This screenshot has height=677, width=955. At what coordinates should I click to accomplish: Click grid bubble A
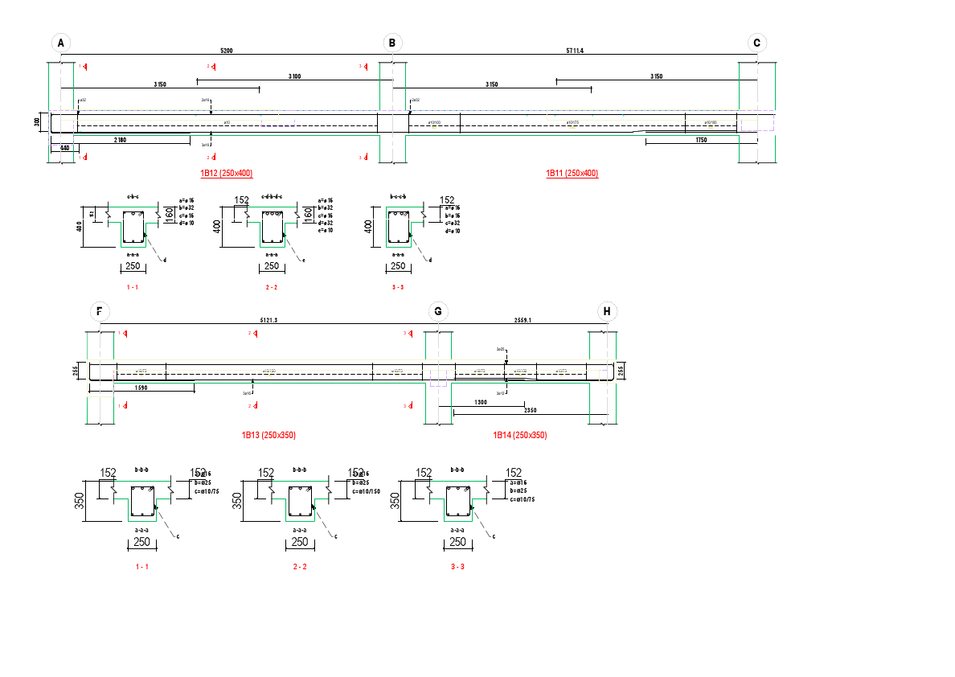61,43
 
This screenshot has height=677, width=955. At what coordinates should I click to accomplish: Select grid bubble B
392,43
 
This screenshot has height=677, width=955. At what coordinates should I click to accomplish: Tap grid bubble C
756,43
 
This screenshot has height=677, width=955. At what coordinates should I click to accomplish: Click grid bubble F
100,312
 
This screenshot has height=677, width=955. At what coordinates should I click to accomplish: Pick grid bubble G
438,312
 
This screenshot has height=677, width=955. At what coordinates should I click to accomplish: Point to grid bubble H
607,312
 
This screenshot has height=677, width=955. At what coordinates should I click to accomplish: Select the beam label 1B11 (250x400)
572,174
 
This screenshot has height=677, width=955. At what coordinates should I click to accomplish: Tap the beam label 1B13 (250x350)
268,435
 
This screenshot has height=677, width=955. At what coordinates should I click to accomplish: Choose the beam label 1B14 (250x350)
520,435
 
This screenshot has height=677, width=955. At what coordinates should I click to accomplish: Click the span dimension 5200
227,51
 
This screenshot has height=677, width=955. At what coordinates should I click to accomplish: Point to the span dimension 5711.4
575,51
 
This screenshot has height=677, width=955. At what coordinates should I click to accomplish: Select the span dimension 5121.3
268,320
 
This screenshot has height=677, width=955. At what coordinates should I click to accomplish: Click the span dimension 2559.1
523,320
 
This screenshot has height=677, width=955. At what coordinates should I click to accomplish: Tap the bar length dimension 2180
120,141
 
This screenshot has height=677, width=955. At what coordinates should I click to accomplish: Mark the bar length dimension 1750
702,141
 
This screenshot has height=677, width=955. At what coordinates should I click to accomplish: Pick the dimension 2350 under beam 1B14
531,411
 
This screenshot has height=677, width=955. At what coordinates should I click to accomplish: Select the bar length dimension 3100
295,76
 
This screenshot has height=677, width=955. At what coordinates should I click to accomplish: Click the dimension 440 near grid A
64,148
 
